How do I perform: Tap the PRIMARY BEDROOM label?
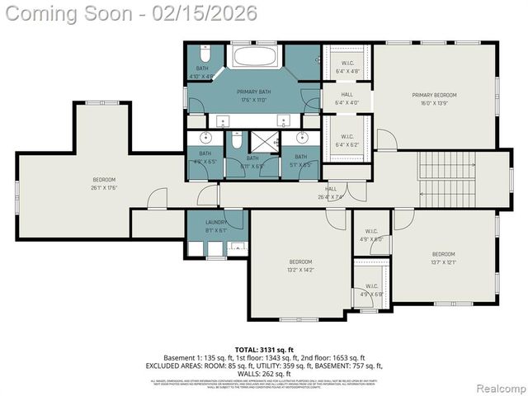434,95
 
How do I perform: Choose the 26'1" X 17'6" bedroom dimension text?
104,188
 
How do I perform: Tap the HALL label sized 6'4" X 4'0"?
346,99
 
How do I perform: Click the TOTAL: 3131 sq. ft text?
264,350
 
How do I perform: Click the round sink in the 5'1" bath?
301,137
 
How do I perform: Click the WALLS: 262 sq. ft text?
264,372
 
